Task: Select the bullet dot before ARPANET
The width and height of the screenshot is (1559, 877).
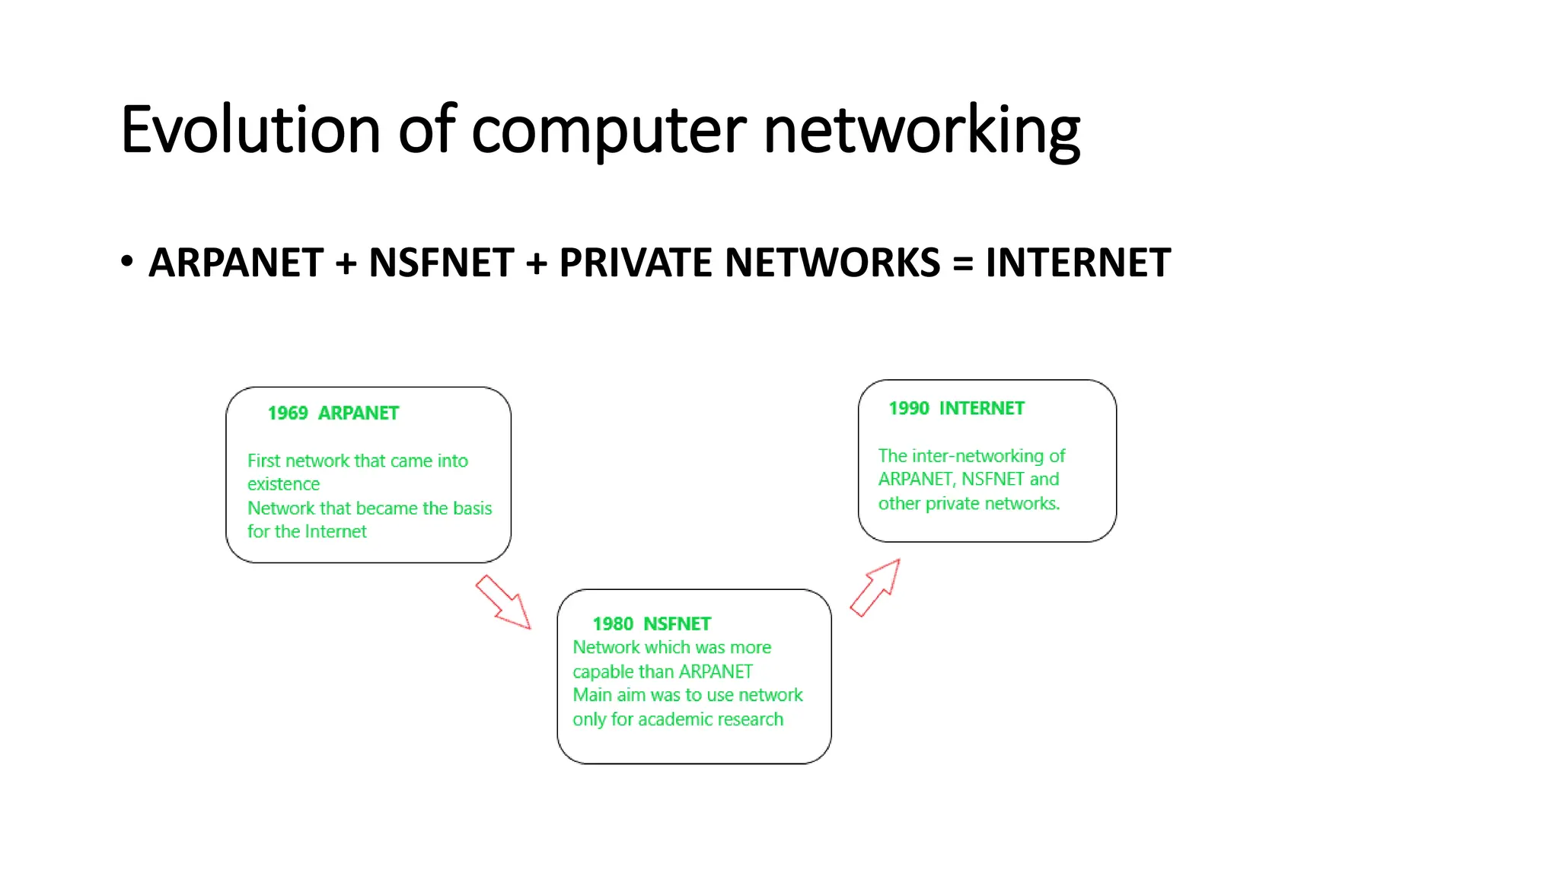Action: coord(127,261)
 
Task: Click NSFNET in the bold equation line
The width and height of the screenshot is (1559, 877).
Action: coord(442,263)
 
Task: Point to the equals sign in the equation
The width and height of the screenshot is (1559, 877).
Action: coord(963,263)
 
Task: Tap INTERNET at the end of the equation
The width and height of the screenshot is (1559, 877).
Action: coord(1078,263)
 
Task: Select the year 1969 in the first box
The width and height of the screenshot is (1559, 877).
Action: coord(288,413)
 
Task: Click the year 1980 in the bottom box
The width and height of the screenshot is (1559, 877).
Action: coord(613,624)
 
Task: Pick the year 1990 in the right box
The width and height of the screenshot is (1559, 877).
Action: coord(909,409)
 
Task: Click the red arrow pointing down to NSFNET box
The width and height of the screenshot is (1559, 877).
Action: coord(503,602)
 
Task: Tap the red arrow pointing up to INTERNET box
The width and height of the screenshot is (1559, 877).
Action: coord(876,587)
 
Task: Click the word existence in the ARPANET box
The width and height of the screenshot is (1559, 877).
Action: coord(283,484)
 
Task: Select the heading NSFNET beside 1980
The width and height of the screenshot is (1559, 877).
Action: coord(677,624)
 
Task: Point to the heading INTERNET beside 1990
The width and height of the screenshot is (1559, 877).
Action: coord(982,409)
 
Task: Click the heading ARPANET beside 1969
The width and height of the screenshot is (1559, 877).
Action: coord(358,413)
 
